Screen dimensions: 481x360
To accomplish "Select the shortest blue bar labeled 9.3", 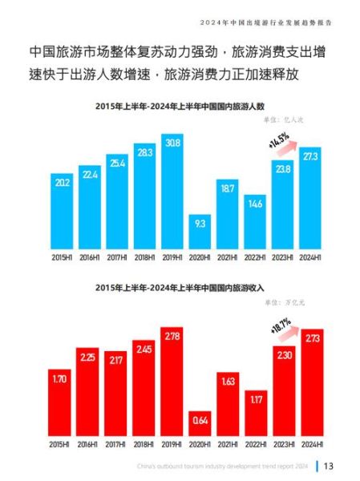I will click(200, 232).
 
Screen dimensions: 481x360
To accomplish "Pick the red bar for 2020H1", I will click(200, 423).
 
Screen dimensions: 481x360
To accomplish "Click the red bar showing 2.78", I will click(172, 381).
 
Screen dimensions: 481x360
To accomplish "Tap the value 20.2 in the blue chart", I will click(62, 183).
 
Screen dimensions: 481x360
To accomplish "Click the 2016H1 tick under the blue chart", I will click(90, 258).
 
